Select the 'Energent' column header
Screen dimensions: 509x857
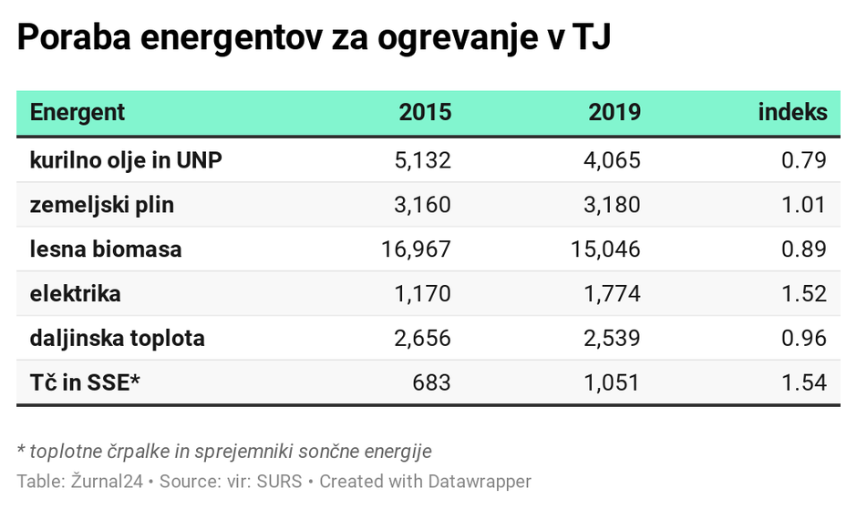click(77, 113)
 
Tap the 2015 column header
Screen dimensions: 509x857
click(425, 113)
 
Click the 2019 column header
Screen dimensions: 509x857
click(614, 113)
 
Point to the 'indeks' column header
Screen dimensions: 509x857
click(792, 113)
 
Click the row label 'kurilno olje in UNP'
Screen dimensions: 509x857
click(126, 160)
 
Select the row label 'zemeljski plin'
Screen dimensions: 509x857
click(101, 205)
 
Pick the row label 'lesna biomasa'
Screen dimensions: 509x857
click(106, 249)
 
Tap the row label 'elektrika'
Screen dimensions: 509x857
click(75, 294)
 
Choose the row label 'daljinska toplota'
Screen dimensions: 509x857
click(117, 339)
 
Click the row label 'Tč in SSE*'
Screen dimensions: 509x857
click(85, 382)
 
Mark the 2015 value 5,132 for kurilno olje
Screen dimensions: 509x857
click(422, 160)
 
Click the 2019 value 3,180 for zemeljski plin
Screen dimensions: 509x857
click(612, 205)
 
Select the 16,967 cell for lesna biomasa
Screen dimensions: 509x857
click(417, 249)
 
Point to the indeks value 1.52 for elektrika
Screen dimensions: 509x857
click(803, 294)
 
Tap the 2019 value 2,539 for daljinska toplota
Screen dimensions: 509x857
click(612, 339)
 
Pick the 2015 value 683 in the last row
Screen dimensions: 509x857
click(431, 382)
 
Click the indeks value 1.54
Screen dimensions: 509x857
click(803, 382)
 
